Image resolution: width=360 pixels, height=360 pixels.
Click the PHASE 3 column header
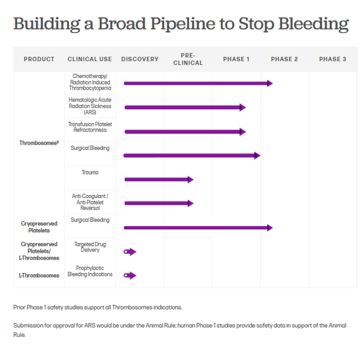[332, 59]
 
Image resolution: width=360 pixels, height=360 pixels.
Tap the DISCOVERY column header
[140, 59]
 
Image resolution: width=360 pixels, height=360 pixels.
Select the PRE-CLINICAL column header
[188, 59]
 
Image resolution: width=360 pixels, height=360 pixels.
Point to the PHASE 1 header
[236, 59]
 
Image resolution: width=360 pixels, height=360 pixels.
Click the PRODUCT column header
[39, 59]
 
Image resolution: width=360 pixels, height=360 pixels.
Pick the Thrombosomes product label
[39, 143]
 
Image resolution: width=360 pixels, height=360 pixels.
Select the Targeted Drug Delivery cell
[90, 247]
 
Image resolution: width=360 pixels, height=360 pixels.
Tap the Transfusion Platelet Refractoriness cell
[90, 127]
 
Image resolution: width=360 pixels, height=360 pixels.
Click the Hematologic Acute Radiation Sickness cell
[90, 106]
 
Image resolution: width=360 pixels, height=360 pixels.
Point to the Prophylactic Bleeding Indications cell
[90, 271]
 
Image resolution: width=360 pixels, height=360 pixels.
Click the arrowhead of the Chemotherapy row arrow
[270, 83]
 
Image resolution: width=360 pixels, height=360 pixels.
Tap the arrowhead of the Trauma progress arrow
[191, 179]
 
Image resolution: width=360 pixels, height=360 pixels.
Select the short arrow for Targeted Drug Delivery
[130, 251]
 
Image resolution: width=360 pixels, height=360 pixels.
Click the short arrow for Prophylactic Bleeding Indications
[130, 275]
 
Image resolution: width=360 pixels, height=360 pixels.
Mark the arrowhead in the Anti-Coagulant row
[191, 203]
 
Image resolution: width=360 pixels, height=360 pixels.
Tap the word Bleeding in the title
[314, 24]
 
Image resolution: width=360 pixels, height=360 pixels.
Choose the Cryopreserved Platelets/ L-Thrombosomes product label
[39, 251]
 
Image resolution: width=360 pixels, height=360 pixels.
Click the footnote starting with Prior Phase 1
[98, 307]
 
